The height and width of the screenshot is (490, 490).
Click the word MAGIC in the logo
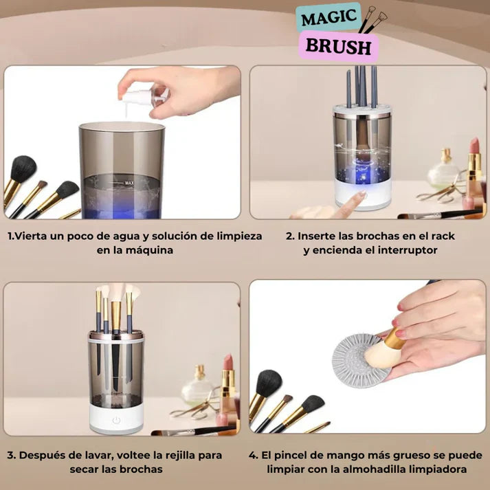[328, 18]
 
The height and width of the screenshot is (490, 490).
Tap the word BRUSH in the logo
[338, 47]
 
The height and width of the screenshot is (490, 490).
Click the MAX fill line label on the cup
[129, 183]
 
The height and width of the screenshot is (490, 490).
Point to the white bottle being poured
[145, 96]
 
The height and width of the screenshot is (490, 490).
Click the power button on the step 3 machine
[116, 420]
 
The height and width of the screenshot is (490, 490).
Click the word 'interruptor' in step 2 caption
[407, 250]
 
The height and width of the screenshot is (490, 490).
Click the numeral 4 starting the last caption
[252, 456]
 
